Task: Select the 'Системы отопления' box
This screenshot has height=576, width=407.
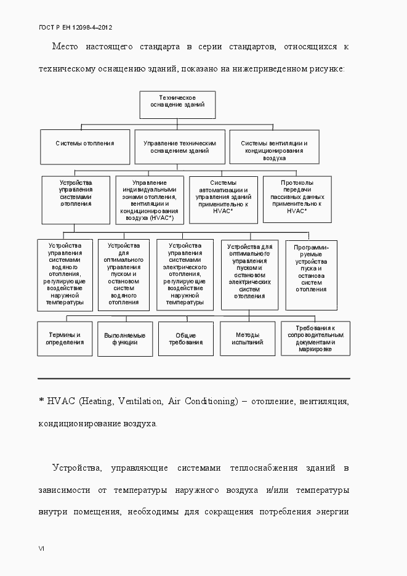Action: [x=85, y=144]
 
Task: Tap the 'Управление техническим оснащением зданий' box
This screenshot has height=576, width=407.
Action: [x=180, y=147]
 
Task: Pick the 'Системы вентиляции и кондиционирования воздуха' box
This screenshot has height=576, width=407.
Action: [x=274, y=147]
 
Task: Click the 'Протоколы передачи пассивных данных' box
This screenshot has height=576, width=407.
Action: [x=297, y=198]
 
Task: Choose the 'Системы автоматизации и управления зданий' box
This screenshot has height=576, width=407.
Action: [x=223, y=199]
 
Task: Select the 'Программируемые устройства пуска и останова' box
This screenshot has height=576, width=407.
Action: [x=311, y=275]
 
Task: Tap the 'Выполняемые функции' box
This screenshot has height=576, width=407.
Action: [x=125, y=339]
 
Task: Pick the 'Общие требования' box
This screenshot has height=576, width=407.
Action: [x=186, y=339]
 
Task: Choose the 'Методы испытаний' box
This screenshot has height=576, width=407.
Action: [x=248, y=338]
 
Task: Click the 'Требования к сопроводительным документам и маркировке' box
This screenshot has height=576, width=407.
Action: [x=315, y=338]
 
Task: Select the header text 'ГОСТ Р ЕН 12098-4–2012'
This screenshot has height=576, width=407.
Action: [x=75, y=27]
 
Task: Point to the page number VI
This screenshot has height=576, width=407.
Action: [x=41, y=548]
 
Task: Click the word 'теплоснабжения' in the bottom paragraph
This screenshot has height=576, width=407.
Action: [x=259, y=468]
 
